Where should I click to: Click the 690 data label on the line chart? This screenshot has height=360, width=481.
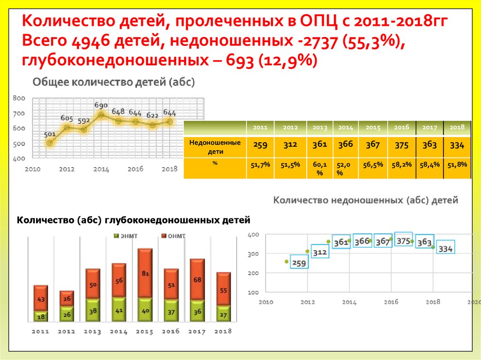coord(101,105)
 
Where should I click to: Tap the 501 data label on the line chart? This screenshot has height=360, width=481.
coord(50,134)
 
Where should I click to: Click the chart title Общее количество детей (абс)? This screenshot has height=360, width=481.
coord(113,82)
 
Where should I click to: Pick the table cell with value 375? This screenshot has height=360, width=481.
coord(402,146)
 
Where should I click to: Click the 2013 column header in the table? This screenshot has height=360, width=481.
coord(319,127)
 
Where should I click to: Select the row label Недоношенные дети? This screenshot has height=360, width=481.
coord(215,146)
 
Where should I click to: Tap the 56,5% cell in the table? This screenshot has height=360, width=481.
coord(373,164)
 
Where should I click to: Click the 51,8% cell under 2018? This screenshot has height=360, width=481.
coord(457,164)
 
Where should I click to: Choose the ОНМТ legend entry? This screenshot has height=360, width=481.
coord(173,236)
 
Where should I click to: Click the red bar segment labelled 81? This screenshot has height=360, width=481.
coord(145,273)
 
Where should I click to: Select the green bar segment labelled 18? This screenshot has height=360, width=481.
coord(41,317)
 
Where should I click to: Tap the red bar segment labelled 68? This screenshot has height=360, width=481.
coord(197,280)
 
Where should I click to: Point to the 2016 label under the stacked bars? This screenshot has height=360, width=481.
coord(171,331)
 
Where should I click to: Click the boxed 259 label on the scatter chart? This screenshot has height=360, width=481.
coord(298,263)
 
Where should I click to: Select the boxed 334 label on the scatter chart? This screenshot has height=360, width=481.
coord(445,249)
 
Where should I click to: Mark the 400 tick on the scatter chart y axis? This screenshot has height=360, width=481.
coord(253,234)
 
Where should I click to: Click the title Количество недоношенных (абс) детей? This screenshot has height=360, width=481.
coord(365,200)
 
